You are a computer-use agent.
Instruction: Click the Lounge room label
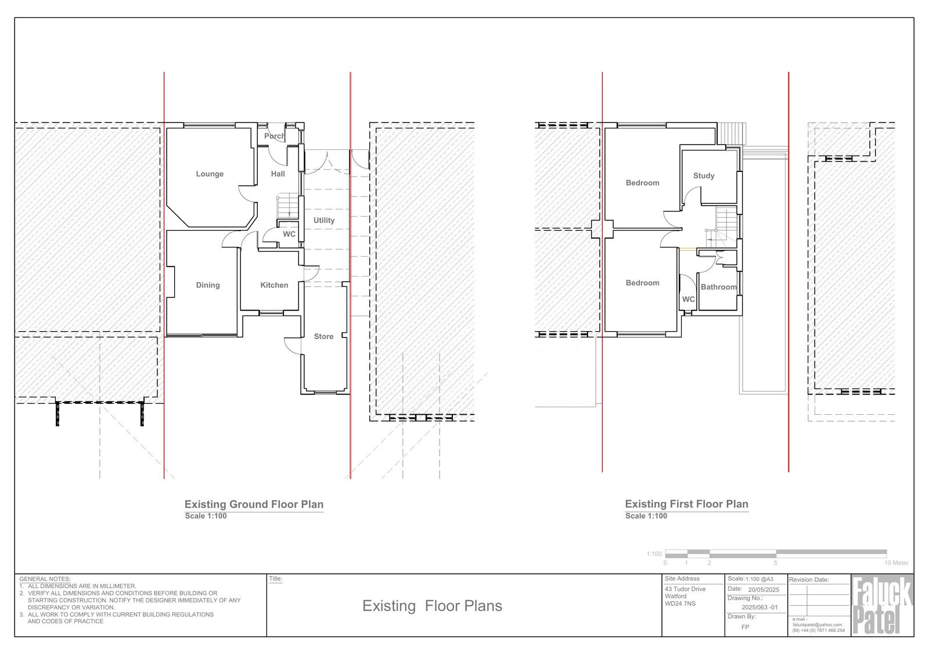(x=210, y=174)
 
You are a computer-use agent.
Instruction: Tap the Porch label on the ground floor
(x=275, y=136)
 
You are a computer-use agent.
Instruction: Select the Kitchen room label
(x=274, y=285)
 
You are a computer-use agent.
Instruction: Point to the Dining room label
(x=208, y=285)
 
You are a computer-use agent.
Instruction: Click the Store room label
(x=323, y=336)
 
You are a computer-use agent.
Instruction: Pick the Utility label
(x=324, y=220)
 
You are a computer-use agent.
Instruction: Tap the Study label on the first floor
(x=704, y=176)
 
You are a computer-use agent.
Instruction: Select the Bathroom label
(x=719, y=287)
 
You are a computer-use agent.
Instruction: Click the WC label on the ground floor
(x=289, y=234)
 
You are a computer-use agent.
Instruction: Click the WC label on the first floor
(x=689, y=299)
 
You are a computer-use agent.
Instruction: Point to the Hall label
(x=278, y=174)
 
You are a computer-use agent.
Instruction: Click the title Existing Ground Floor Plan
(x=254, y=504)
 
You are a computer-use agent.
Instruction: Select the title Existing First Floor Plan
(x=687, y=504)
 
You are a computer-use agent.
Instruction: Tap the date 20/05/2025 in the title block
(x=764, y=590)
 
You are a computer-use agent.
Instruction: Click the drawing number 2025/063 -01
(x=760, y=607)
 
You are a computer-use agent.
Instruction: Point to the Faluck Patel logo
(x=882, y=605)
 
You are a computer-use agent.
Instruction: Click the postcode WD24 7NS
(x=680, y=604)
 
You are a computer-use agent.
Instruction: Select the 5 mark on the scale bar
(x=775, y=563)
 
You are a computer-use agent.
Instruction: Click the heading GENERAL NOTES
(x=45, y=579)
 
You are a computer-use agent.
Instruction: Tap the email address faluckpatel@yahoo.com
(x=817, y=624)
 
